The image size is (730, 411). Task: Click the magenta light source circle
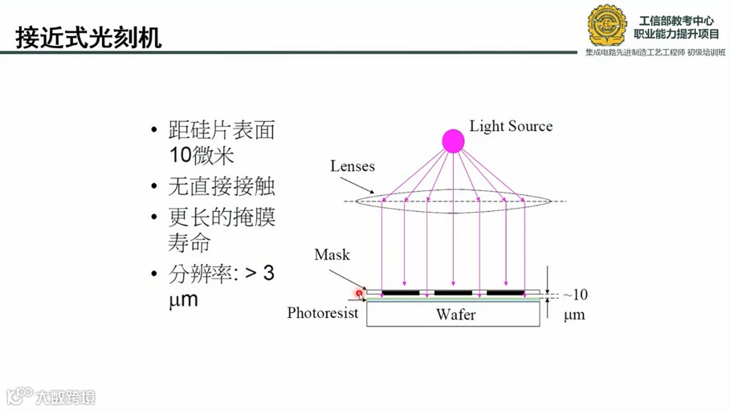[x=453, y=141]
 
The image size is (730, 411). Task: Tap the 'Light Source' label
[x=511, y=126]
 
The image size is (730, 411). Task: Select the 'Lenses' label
[x=352, y=166]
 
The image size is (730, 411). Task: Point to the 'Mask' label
[x=332, y=254]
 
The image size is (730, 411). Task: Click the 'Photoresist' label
[x=322, y=313]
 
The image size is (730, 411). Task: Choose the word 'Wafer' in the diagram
[x=455, y=315]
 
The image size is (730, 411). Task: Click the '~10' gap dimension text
[x=574, y=295]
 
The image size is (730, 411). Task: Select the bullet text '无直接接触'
[x=222, y=186]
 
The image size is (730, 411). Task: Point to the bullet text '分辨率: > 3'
[x=222, y=273]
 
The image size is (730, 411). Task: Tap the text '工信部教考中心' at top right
[x=676, y=20]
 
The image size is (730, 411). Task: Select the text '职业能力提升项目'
[x=676, y=34]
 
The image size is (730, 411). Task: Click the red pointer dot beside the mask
[x=360, y=294]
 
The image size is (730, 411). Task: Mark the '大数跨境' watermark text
[x=64, y=397]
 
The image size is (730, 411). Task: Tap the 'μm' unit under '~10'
[x=574, y=315]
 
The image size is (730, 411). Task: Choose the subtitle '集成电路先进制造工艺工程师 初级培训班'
[x=655, y=52]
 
